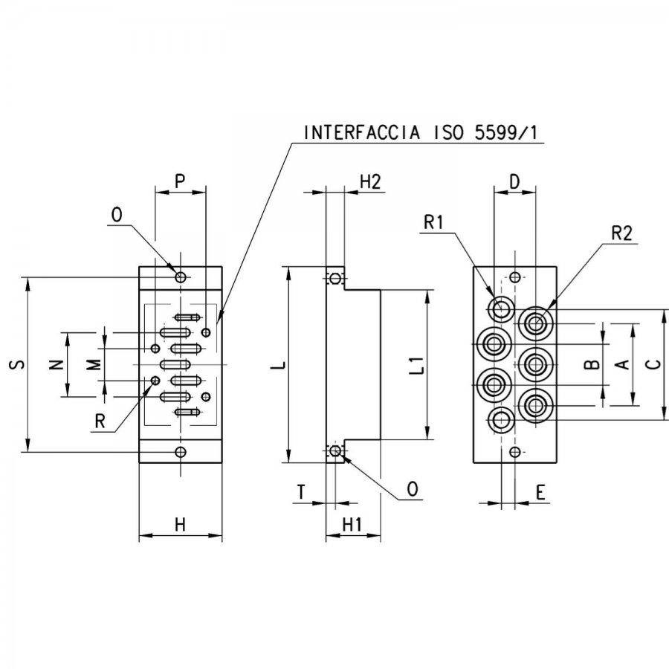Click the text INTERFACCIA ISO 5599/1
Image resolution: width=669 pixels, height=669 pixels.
[x=421, y=133]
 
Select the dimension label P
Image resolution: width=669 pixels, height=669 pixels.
[x=180, y=181]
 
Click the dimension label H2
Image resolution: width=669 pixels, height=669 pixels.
[x=370, y=181]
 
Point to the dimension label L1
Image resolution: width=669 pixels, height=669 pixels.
[x=419, y=365]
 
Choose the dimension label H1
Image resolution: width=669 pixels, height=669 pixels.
[x=352, y=524]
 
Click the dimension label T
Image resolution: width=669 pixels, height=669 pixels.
[x=301, y=492]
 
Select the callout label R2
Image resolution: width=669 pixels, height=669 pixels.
[x=621, y=233]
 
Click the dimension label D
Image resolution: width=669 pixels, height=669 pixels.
[x=515, y=182]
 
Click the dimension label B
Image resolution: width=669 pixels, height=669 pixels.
[x=592, y=364]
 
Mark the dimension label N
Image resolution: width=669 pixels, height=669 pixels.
[x=56, y=364]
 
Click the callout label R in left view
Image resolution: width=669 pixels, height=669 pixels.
[x=100, y=421]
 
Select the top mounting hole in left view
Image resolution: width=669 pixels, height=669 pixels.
[x=181, y=277]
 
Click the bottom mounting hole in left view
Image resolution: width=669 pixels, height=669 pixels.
[x=181, y=451]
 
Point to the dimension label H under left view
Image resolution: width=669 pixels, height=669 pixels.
[x=181, y=524]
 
